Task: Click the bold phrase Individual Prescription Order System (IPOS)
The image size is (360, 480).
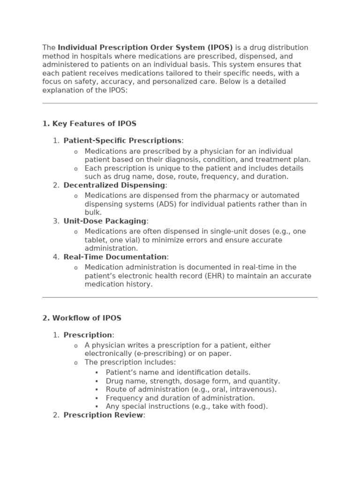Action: pos(145,48)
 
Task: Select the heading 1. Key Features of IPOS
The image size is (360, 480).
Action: pos(89,124)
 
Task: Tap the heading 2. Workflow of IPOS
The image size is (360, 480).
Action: pos(82,318)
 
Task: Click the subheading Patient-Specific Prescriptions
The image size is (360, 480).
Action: pos(122,141)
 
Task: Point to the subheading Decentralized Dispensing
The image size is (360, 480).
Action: pos(114,185)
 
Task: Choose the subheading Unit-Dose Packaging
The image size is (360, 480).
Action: pos(105,221)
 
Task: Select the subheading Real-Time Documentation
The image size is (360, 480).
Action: pos(115,257)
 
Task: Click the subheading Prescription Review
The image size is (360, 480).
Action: pos(103,415)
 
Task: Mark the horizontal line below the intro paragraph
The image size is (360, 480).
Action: pos(180,103)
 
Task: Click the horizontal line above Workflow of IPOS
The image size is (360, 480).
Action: pos(180,297)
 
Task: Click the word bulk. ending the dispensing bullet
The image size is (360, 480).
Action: pos(93,212)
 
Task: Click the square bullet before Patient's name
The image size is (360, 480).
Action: pos(97,373)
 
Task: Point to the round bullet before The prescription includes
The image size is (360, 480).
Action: pos(76,363)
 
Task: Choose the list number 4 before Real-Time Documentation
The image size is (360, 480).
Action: pos(56,257)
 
